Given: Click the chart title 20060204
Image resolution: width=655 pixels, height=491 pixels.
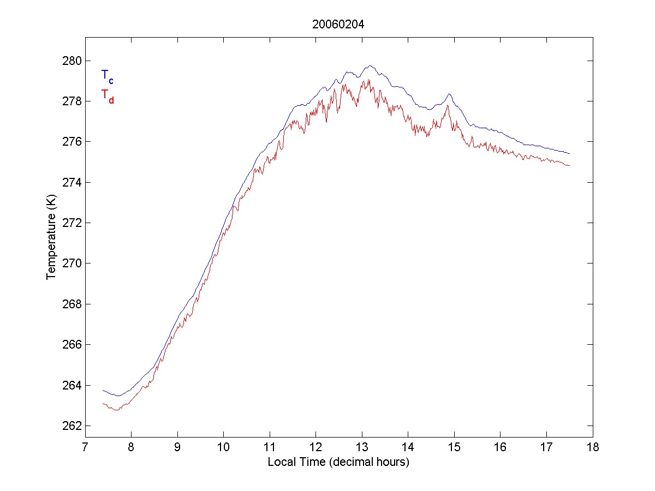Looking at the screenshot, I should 338,25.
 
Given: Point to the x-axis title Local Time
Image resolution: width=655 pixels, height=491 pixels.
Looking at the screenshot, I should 338,462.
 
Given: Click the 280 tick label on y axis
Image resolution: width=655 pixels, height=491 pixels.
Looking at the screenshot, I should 73,61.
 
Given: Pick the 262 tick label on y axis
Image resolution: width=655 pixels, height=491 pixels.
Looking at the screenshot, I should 73,426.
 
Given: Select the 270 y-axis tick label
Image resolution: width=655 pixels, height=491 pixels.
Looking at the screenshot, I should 73,264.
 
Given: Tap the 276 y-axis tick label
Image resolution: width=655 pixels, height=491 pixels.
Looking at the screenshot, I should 73,142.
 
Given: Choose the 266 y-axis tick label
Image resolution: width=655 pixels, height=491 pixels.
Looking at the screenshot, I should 73,345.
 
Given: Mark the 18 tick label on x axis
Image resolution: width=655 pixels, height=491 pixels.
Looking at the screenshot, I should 593,448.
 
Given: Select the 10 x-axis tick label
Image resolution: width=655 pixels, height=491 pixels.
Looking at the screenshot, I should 224,448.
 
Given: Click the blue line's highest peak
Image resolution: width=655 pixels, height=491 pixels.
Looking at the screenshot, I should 370,65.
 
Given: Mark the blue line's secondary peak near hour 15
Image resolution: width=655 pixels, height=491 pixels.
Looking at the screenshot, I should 449,94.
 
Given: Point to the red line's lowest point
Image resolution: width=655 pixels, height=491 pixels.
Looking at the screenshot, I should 116,410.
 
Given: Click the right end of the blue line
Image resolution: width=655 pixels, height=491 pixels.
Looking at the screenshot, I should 569,153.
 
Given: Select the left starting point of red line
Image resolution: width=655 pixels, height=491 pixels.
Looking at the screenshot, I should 103,403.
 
